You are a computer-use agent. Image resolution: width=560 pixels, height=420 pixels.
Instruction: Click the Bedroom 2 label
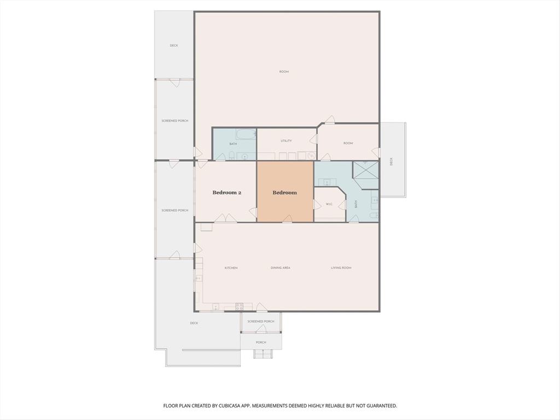[x=226, y=192]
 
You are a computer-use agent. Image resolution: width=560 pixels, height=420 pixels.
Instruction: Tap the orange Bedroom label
[x=284, y=192]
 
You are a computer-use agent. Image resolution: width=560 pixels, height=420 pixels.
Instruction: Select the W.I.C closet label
[x=329, y=205]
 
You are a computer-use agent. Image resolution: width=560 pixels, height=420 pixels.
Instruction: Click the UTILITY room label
[x=286, y=141]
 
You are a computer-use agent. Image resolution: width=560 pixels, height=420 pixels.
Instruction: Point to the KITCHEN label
[x=231, y=268]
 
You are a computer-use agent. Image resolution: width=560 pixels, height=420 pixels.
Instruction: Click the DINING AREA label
[x=280, y=268]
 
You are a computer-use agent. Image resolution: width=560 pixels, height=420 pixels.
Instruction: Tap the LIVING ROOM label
[x=341, y=268]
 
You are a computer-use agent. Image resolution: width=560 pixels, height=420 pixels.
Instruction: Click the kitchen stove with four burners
[x=240, y=307]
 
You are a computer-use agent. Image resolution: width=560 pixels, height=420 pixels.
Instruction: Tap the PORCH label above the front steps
[x=261, y=343]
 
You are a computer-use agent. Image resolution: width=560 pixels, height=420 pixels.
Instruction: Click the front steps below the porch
[x=261, y=354]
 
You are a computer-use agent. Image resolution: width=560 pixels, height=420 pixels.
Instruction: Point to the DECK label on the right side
[x=391, y=161]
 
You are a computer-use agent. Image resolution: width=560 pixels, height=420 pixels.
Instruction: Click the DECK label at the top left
[x=173, y=45]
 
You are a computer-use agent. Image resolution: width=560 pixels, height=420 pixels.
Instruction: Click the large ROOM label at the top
[x=284, y=72]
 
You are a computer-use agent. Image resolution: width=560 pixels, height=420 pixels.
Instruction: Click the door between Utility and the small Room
[x=313, y=139]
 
